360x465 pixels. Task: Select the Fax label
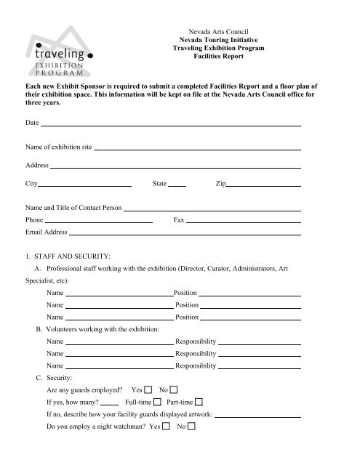(x=178, y=219)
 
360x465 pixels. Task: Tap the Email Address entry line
(x=185, y=234)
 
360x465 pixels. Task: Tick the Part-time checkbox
(x=199, y=402)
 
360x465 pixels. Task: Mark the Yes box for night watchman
(x=166, y=426)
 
